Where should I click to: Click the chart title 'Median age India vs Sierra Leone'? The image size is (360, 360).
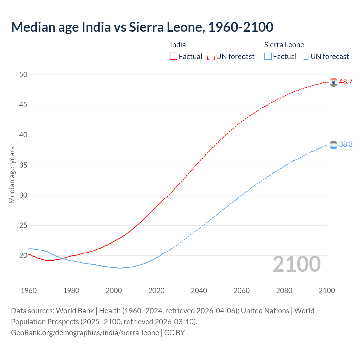142,27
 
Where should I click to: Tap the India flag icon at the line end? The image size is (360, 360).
334,82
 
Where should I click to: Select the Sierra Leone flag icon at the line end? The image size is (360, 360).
334,145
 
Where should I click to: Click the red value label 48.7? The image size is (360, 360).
346,82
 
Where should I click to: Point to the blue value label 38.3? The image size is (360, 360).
346,145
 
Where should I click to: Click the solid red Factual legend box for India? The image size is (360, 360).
174,57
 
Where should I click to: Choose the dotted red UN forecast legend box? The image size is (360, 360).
211,57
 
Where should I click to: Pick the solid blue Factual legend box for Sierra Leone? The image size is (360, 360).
268,57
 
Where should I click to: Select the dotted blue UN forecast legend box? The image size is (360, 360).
305,57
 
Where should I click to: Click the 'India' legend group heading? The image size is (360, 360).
178,45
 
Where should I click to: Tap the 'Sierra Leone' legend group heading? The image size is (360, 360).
284,45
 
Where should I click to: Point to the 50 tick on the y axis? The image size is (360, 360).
23,75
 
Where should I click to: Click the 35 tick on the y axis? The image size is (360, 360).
23,165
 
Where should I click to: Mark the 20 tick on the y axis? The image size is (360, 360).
23,256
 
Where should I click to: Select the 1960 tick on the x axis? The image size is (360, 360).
29,291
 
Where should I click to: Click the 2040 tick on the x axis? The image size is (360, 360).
199,291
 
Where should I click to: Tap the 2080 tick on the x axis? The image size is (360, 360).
284,291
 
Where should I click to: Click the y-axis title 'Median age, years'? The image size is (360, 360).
12,175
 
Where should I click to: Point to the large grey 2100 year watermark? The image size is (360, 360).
297,264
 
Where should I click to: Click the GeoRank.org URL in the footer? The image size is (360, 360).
85,333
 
